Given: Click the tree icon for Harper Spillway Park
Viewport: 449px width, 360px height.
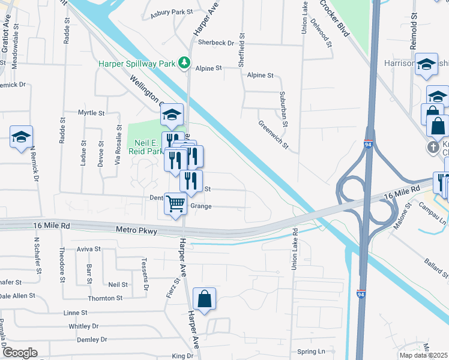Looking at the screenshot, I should tap(185, 62).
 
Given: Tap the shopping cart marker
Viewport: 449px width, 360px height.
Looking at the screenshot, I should tap(175, 204).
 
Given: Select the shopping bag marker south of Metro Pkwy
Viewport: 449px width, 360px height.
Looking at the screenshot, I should tap(204, 298).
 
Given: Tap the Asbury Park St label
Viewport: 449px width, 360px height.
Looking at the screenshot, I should tap(171, 12).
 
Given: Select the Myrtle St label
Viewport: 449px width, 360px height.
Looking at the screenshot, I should tap(91, 113).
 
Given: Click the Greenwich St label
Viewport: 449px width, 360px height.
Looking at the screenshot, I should tap(273, 135).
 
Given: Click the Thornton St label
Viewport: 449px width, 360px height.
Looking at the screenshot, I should tap(105, 298).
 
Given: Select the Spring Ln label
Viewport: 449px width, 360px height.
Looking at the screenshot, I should tap(310, 352).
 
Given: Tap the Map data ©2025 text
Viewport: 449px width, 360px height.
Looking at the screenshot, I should tap(423, 355).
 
